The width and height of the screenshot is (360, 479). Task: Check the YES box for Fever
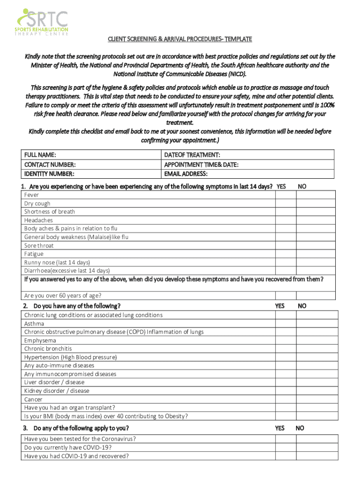286,195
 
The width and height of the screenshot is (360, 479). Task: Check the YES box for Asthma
286,324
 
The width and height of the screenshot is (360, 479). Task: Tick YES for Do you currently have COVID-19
286,448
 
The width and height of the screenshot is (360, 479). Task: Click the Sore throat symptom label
39,246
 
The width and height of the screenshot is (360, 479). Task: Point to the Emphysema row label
40,341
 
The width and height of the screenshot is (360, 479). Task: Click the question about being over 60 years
63,296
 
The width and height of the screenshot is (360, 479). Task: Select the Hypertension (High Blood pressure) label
71,357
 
